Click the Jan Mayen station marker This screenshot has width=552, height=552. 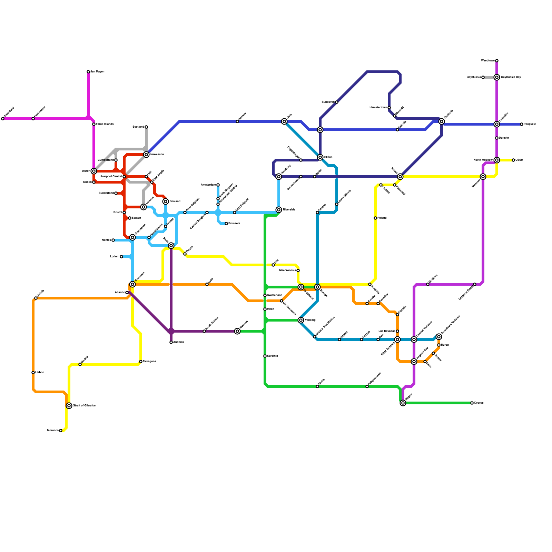coord(88,72)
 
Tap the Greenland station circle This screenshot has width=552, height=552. coord(3,119)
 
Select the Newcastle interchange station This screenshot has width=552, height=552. coord(146,155)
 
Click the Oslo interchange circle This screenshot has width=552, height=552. coord(284,121)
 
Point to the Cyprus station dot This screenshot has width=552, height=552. coord(472,403)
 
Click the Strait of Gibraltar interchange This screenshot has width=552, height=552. coord(69,406)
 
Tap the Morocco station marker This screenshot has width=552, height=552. coord(61,431)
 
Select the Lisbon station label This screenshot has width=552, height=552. coord(40,373)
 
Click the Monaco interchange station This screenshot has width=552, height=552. coord(237,331)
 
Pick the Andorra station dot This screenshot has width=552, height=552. coord(171,342)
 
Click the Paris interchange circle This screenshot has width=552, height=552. coord(171,246)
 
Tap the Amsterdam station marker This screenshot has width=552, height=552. coord(218,185)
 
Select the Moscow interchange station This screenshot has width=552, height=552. coord(483,177)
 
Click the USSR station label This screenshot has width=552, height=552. coord(519,160)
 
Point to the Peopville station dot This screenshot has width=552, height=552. coord(522,124)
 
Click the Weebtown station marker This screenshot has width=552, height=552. coord(497,61)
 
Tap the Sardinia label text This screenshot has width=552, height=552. coord(273,356)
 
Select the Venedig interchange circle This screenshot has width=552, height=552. coord(301,320)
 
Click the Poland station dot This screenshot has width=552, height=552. coord(375,218)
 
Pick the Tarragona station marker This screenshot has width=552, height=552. coord(141,362)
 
